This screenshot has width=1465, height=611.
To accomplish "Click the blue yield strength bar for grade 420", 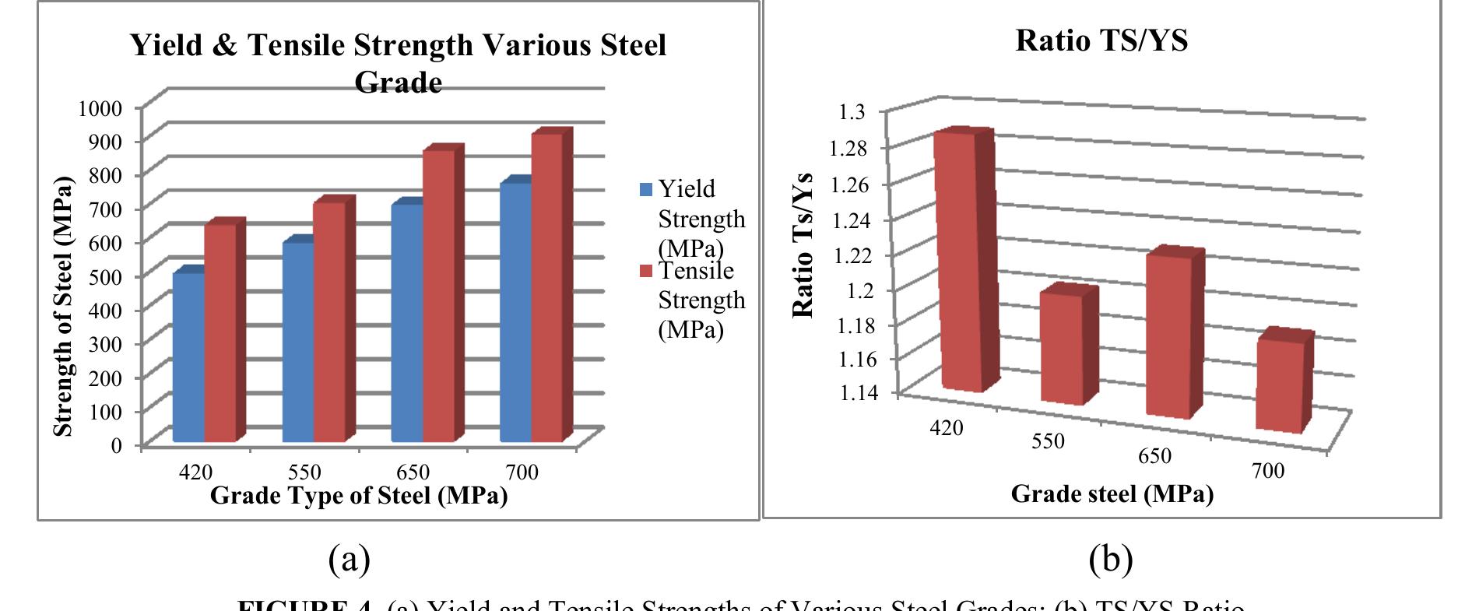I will (188, 358).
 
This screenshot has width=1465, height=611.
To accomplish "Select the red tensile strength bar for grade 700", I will (546, 288).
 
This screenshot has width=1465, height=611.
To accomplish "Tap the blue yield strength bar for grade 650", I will (406, 323).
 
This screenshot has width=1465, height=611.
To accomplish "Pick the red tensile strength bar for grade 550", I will (328, 323).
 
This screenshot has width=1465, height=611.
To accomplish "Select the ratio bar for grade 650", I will (1170, 335).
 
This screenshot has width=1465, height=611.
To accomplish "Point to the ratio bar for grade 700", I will (1280, 385).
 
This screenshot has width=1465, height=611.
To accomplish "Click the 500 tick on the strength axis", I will (105, 276).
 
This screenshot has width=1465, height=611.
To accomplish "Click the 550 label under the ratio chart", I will (1048, 441).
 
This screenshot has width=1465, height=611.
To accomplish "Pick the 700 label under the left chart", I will (522, 472).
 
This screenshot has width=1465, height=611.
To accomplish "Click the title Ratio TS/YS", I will (1101, 40).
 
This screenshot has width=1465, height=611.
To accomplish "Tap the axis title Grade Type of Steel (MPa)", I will (359, 495).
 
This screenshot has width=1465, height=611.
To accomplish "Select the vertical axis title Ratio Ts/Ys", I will (803, 245).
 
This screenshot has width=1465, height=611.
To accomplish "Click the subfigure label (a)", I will (350, 558).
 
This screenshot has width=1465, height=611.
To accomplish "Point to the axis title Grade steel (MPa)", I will (1112, 493).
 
